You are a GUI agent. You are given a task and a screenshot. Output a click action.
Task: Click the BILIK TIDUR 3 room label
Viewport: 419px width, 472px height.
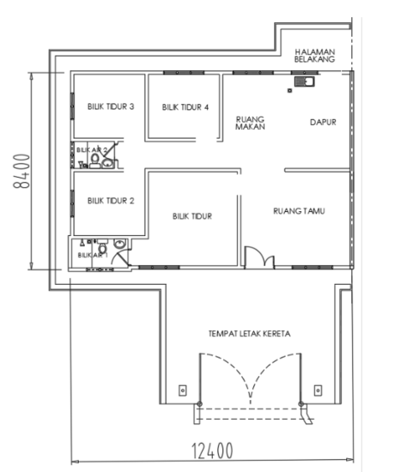(x=111, y=106)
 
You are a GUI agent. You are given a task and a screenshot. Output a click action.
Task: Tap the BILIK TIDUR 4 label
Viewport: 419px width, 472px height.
(x=185, y=107)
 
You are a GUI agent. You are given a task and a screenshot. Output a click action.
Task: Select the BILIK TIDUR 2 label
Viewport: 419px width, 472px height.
(x=111, y=201)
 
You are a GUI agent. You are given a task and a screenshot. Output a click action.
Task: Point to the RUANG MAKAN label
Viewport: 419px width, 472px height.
(x=250, y=123)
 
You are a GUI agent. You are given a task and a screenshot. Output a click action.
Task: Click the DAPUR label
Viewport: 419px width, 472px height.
(x=323, y=122)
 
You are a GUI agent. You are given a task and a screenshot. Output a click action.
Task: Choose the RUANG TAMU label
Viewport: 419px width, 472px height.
(x=299, y=211)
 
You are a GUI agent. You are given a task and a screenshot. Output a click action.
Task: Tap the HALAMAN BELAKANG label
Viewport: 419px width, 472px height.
(x=314, y=56)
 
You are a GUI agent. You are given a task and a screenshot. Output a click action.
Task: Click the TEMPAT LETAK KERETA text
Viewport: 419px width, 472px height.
(x=249, y=334)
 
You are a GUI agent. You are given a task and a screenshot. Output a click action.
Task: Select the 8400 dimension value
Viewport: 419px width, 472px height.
(x=21, y=171)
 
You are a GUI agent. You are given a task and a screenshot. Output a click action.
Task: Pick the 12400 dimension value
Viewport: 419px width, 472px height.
(x=212, y=451)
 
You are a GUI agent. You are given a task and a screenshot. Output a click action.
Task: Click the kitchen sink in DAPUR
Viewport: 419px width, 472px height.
(x=304, y=82)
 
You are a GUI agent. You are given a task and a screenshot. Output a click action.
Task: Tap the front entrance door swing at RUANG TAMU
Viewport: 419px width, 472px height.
(x=259, y=257)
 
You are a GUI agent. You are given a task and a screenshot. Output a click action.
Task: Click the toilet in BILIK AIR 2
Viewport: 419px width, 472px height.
(x=95, y=160)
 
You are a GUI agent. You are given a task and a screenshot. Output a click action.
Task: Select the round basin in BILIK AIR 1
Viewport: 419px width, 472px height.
(x=120, y=244)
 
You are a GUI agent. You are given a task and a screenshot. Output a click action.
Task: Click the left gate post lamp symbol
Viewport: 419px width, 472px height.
(x=183, y=390)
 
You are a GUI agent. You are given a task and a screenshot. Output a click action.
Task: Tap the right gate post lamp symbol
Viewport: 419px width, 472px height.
(x=318, y=390)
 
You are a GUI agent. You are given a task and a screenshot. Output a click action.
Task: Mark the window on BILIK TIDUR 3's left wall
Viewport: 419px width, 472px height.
(x=72, y=106)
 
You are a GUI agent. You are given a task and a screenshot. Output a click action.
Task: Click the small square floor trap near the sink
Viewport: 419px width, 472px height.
(x=289, y=90)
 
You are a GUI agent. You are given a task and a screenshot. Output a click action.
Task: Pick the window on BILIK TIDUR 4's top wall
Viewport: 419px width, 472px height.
(x=184, y=73)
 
